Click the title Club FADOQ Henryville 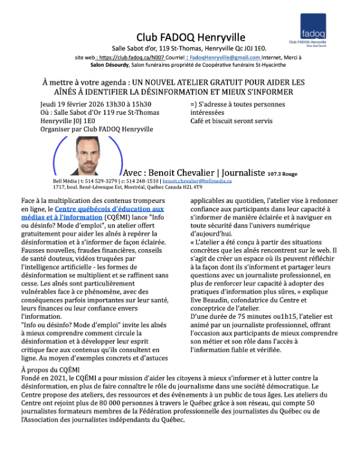[x=191, y=38]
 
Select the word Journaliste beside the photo [x=237, y=172]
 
